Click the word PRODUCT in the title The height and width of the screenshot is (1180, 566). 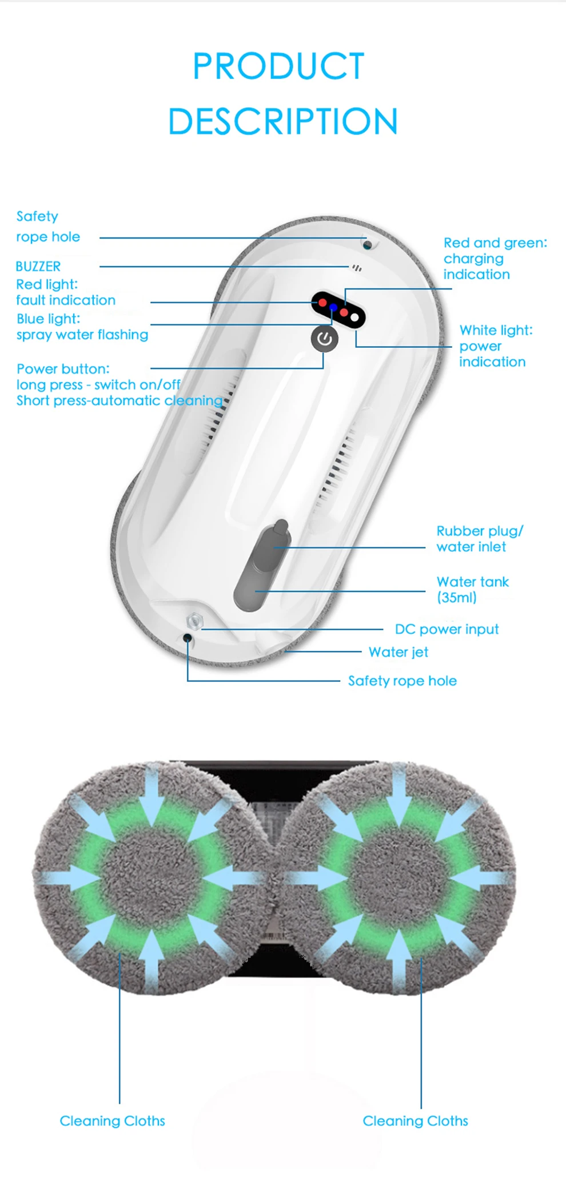278,66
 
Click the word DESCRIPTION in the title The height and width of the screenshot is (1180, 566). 283,121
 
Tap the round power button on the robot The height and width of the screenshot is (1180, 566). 324,339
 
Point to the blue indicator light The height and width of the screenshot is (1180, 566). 333,308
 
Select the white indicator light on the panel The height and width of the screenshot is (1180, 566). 355,317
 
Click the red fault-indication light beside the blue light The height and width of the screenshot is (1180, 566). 322,302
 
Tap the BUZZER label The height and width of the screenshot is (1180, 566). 38,266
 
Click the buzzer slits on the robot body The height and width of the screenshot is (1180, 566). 357,268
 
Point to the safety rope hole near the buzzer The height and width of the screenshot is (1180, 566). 368,245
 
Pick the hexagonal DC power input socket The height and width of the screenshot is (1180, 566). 195,621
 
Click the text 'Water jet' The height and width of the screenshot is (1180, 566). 398,652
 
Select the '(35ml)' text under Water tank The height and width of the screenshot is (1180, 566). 457,598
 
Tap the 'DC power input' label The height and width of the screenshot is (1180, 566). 447,629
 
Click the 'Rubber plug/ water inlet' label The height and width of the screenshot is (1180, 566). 479,539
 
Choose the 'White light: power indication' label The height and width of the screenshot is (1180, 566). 495,345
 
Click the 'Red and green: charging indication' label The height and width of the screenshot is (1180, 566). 495,259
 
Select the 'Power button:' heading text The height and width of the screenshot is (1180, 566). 63,369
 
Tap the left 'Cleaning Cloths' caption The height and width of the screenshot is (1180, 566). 112,1121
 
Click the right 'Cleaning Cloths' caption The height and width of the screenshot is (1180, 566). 415,1121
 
